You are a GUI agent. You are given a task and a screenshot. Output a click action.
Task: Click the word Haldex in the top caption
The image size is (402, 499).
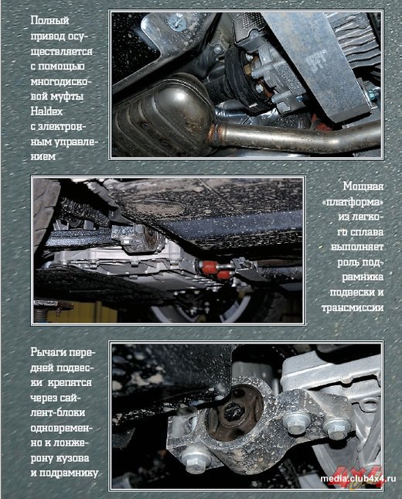pyautogui.click(x=46, y=111)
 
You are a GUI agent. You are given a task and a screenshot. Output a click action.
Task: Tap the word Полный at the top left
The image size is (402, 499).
pyautogui.click(x=50, y=21)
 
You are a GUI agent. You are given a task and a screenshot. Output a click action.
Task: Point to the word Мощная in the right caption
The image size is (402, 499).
pyautogui.click(x=363, y=186)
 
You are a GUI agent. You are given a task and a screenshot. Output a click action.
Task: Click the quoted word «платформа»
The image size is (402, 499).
pyautogui.click(x=353, y=202)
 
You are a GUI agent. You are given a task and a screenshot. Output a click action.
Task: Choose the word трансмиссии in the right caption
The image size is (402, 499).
pyautogui.click(x=353, y=308)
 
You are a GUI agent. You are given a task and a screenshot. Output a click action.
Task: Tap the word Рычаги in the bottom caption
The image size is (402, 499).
pyautogui.click(x=49, y=353)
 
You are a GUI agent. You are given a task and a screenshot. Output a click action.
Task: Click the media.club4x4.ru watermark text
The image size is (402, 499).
pyautogui.click(x=358, y=478)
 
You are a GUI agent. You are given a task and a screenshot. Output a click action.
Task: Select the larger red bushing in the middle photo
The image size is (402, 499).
pyautogui.click(x=210, y=268)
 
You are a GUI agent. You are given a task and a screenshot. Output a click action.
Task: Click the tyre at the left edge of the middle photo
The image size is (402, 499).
pyautogui.click(x=45, y=210)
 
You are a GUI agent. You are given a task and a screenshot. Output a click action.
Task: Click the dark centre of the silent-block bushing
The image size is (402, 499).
pyautogui.click(x=233, y=411)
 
